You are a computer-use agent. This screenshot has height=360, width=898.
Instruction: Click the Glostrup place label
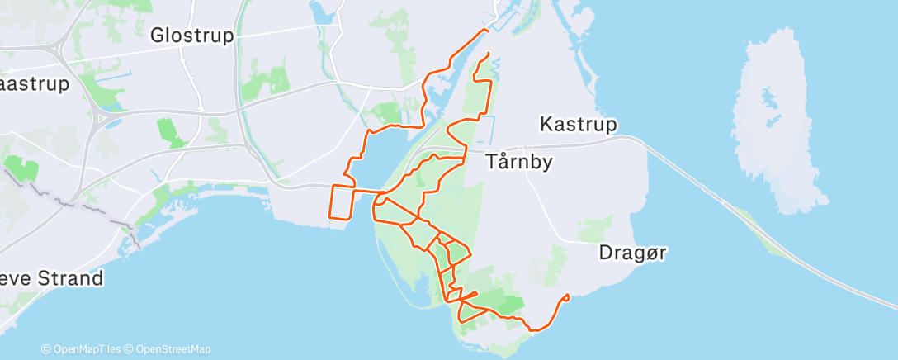point(192,36)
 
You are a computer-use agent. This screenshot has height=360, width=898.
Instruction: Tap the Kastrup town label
point(579,124)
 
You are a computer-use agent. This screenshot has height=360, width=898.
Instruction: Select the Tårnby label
point(518,161)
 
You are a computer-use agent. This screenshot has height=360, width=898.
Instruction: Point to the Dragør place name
point(632,253)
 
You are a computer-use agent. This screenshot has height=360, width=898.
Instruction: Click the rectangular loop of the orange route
point(343,202)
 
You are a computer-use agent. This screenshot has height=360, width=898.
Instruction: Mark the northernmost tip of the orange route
point(485,31)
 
